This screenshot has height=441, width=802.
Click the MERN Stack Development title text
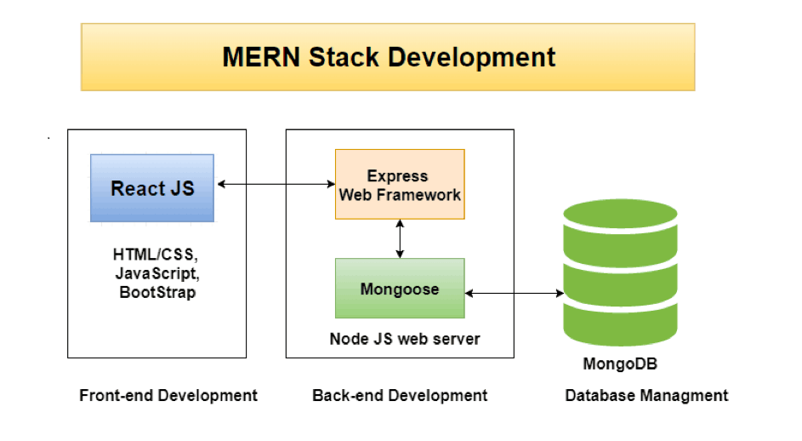[389, 57]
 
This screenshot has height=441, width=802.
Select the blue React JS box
[152, 188]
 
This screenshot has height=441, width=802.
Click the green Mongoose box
[400, 289]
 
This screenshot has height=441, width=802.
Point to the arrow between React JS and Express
[274, 184]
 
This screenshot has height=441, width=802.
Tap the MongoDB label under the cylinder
[620, 364]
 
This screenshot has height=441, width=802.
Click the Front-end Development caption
[168, 395]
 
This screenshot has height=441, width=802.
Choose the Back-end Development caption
[400, 395]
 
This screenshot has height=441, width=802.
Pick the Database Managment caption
[646, 395]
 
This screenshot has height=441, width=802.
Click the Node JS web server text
[405, 339]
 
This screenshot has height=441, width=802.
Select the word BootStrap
[156, 292]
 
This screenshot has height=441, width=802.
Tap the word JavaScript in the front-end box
[156, 273]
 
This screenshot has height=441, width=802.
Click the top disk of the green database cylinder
[620, 223]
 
